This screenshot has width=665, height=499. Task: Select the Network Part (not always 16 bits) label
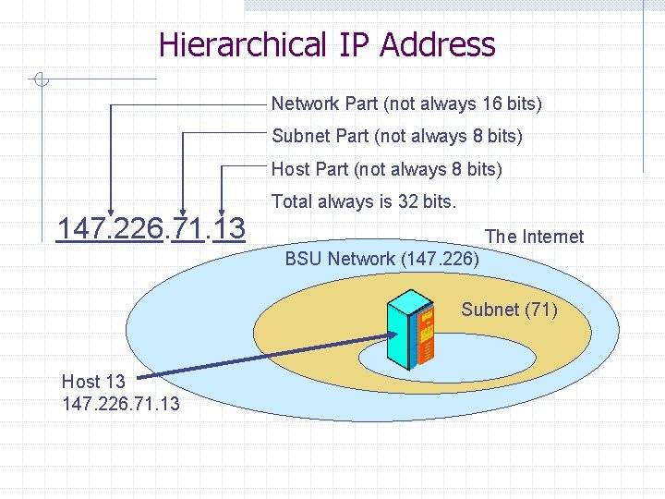[x=406, y=103]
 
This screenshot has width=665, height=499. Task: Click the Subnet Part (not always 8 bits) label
[x=397, y=137]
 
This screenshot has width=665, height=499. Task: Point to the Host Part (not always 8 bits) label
[x=387, y=170]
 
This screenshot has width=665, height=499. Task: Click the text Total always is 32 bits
[x=364, y=201]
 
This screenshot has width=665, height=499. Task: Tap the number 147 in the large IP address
[x=79, y=227]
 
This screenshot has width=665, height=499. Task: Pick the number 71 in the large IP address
[x=187, y=227]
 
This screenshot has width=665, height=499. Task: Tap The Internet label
[x=535, y=237]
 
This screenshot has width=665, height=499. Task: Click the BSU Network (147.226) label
[x=382, y=259]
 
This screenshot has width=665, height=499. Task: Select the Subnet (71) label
[x=510, y=310]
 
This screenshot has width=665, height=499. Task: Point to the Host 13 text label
[x=93, y=381]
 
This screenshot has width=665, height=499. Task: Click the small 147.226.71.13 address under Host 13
[x=121, y=404]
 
